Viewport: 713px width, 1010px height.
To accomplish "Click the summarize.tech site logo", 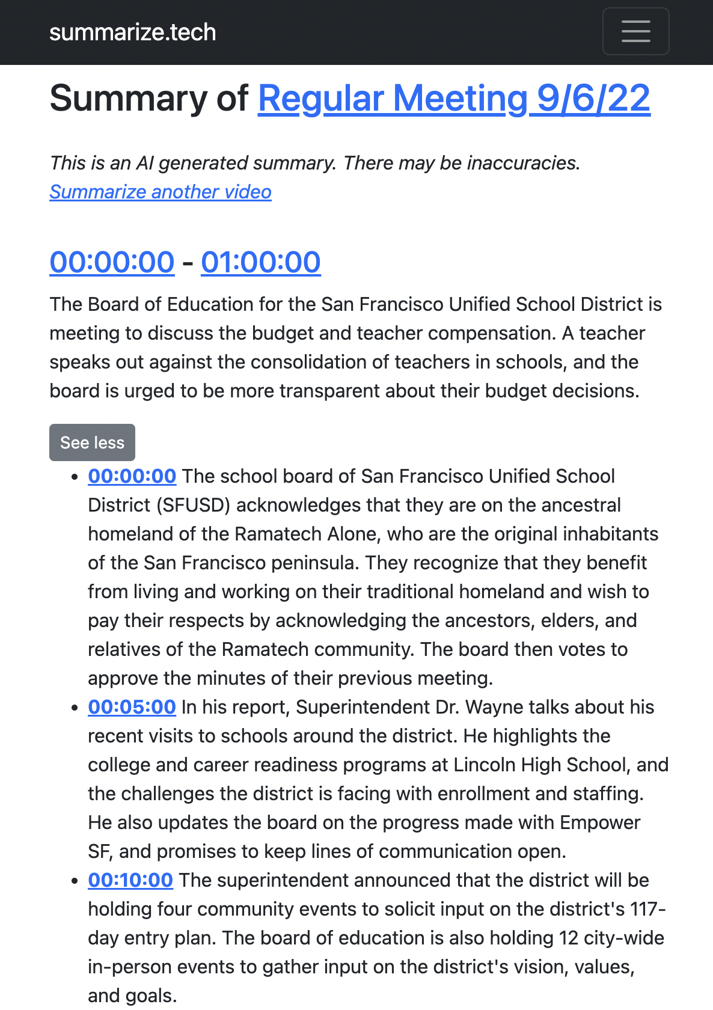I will tap(132, 32).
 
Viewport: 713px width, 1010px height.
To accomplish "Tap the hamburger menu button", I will tap(635, 31).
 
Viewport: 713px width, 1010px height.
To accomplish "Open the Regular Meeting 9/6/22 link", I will tap(454, 99).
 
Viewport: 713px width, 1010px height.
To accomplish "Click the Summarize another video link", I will tap(161, 192).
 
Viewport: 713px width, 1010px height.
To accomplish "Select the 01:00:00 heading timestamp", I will tap(260, 262).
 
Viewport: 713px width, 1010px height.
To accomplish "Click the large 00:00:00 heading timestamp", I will tap(112, 262).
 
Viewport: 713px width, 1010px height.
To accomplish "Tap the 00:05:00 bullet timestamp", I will tap(132, 707).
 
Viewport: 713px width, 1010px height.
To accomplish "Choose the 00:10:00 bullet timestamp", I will tap(130, 880).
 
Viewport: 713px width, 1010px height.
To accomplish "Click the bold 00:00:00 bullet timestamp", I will tap(132, 476).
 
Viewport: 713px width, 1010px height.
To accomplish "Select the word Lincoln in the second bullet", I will tap(485, 765).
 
